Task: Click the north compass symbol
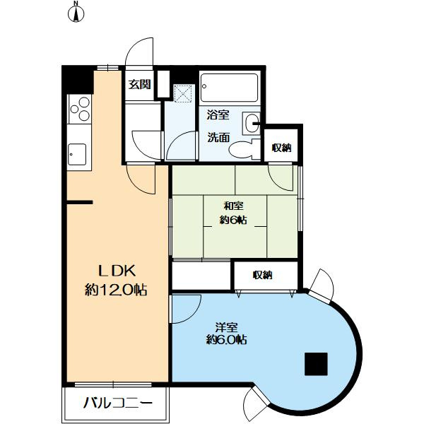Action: pos(76,13)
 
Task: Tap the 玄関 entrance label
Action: pos(139,85)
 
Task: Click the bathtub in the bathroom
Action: pos(229,88)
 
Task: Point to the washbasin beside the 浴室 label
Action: pos(251,123)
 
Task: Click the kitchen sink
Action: pos(77,154)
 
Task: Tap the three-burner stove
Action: pos(79,109)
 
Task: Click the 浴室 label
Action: pos(218,115)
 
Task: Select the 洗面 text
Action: pos(218,137)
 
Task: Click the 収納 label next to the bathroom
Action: pos(281,148)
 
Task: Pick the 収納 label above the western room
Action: pos(262,276)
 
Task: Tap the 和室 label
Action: pos(233,206)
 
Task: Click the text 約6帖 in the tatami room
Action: pos(233,220)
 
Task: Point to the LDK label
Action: pos(117,271)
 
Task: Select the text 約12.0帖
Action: pos(116,290)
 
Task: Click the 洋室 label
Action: pos(227,327)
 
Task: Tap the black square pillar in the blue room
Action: pos(316,364)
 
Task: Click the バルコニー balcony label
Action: pos(117,404)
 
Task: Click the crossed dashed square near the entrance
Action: pos(183,93)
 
